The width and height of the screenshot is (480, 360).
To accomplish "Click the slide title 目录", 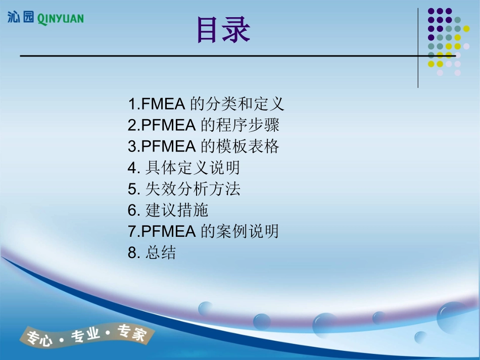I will (223, 30).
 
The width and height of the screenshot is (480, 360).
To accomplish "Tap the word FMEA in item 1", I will (165, 104).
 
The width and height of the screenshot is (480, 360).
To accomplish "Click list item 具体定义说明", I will (193, 168).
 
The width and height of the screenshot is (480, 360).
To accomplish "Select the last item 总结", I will (161, 252).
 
